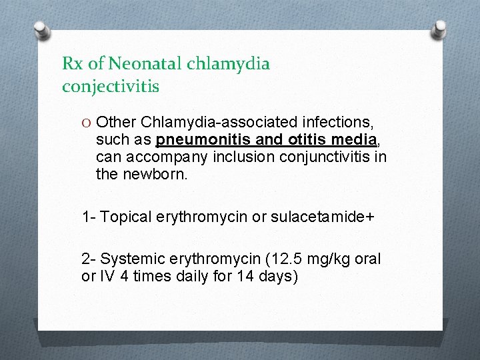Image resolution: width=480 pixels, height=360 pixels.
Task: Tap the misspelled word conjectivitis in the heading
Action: click(x=111, y=87)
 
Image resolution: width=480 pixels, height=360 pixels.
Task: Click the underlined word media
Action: click(x=338, y=140)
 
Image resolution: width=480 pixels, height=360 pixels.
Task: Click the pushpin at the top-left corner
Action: click(x=41, y=30)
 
